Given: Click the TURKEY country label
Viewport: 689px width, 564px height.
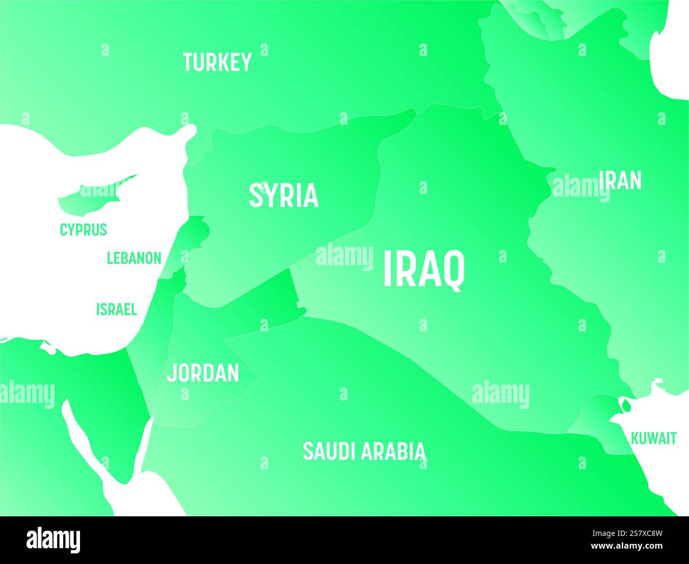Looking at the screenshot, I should coord(217,62).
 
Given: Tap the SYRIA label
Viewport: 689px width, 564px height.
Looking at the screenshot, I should coord(284,195).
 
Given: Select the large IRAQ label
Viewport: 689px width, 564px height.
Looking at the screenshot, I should coord(424,270).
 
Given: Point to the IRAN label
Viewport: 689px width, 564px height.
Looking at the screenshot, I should coord(621,181).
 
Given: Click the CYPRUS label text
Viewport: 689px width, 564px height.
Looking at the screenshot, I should coord(83,230).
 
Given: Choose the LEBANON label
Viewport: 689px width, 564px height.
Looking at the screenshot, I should coord(134,258).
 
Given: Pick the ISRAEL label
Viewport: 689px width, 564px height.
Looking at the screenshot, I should coord(117,309).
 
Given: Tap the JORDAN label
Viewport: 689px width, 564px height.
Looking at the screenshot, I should coord(203,373).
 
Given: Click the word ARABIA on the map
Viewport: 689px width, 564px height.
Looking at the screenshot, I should coord(393,451).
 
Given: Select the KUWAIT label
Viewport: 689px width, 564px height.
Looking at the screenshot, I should coord(653,438).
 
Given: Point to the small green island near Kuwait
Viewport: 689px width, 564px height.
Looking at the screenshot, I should coord(626,406).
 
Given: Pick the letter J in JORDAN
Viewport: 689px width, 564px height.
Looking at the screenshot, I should coord(171,373).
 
